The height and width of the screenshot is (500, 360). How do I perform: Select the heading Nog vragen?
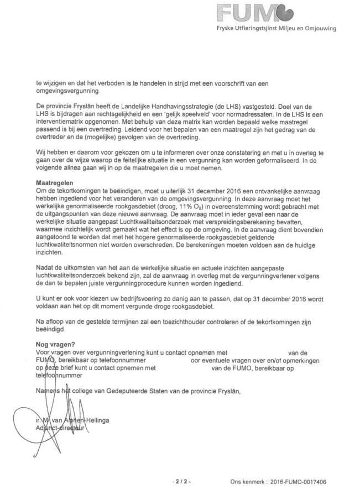[54, 344]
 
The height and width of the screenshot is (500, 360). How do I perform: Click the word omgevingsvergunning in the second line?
[66, 91]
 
